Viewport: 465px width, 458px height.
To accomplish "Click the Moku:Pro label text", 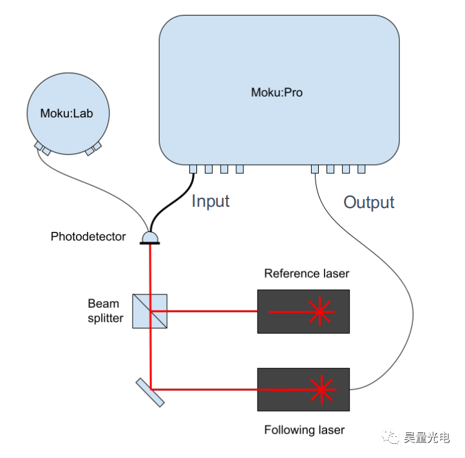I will (x=276, y=92).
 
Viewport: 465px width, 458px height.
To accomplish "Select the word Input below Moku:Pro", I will (x=211, y=201).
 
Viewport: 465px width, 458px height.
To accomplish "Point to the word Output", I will (x=368, y=202).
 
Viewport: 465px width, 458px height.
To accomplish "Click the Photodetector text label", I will (x=88, y=237).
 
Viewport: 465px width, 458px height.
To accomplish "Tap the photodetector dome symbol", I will (x=150, y=238).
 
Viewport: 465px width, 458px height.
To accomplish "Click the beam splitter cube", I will (x=150, y=311).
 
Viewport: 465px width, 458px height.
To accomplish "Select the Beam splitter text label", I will (x=106, y=310).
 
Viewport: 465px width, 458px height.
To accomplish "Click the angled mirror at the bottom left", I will (x=150, y=392).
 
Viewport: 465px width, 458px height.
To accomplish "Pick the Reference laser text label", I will (x=307, y=273).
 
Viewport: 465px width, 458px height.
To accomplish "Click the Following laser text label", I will (x=304, y=430).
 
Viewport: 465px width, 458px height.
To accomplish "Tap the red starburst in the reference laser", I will (x=319, y=312).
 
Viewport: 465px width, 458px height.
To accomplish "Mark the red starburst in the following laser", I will (x=319, y=390).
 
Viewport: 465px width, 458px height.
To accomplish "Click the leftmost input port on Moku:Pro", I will (x=193, y=169).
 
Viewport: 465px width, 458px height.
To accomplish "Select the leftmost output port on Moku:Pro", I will (x=314, y=169).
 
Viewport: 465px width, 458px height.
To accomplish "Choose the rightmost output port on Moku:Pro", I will (x=361, y=169).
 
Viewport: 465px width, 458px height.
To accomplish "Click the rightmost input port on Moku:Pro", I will (x=240, y=169).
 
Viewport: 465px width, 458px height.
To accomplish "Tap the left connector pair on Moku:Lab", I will (x=42, y=149).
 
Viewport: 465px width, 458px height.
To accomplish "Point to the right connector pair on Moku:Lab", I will (x=93, y=149).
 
